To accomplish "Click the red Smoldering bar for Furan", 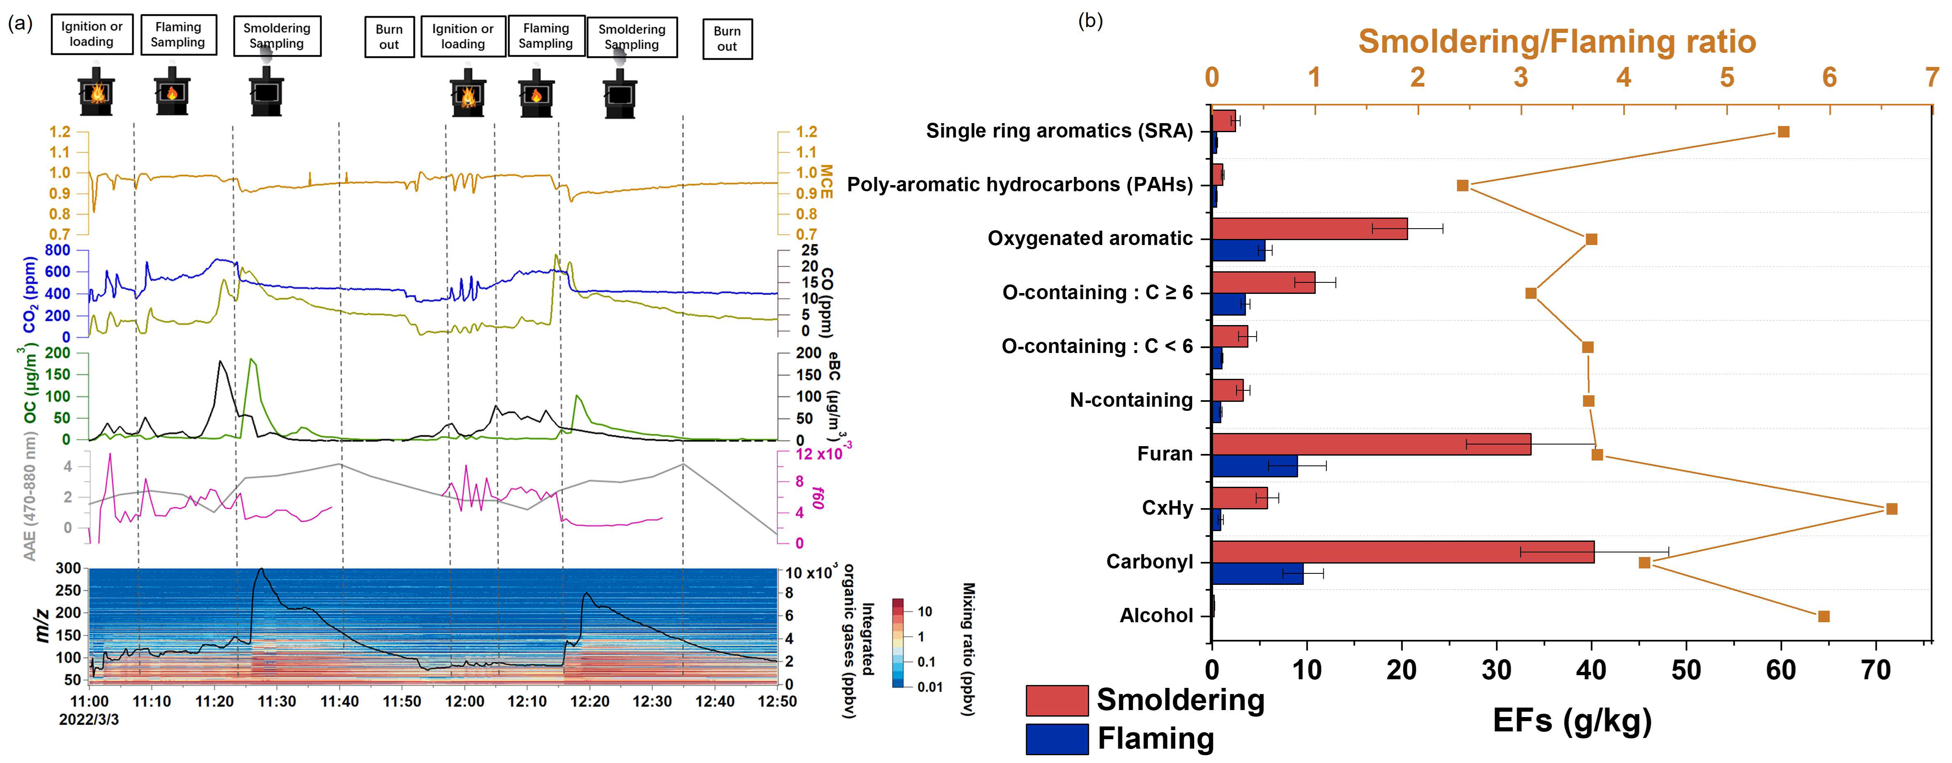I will (1371, 444).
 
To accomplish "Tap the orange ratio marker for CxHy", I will (1891, 509).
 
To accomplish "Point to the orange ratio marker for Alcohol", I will (1824, 616).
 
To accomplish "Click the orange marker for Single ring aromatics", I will (1784, 132).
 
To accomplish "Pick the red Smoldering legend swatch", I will (1057, 700).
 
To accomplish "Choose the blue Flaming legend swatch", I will (1057, 739).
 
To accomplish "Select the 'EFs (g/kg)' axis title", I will (1572, 721).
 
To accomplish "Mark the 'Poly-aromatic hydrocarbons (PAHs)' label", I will (1020, 185).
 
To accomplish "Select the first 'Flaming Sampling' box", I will (178, 35).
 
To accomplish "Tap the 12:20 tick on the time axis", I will (590, 701).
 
